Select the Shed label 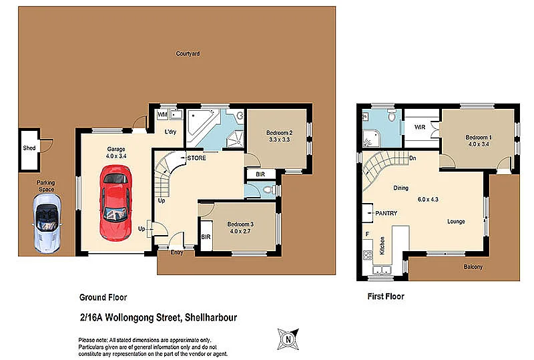click(x=29, y=148)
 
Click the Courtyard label click(x=188, y=53)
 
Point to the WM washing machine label click(x=162, y=115)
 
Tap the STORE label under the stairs click(x=196, y=158)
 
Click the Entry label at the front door click(x=177, y=252)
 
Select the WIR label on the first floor click(x=420, y=126)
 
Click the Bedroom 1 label click(x=479, y=137)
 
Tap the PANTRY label click(x=386, y=214)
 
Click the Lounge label click(x=456, y=222)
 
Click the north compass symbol click(x=289, y=338)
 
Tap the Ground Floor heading click(x=103, y=297)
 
